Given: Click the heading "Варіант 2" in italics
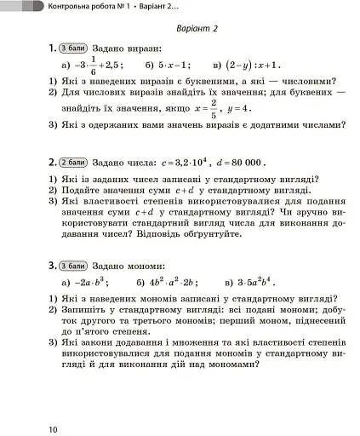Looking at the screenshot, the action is (x=197, y=29).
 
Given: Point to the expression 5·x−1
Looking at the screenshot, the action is (x=174, y=65).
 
